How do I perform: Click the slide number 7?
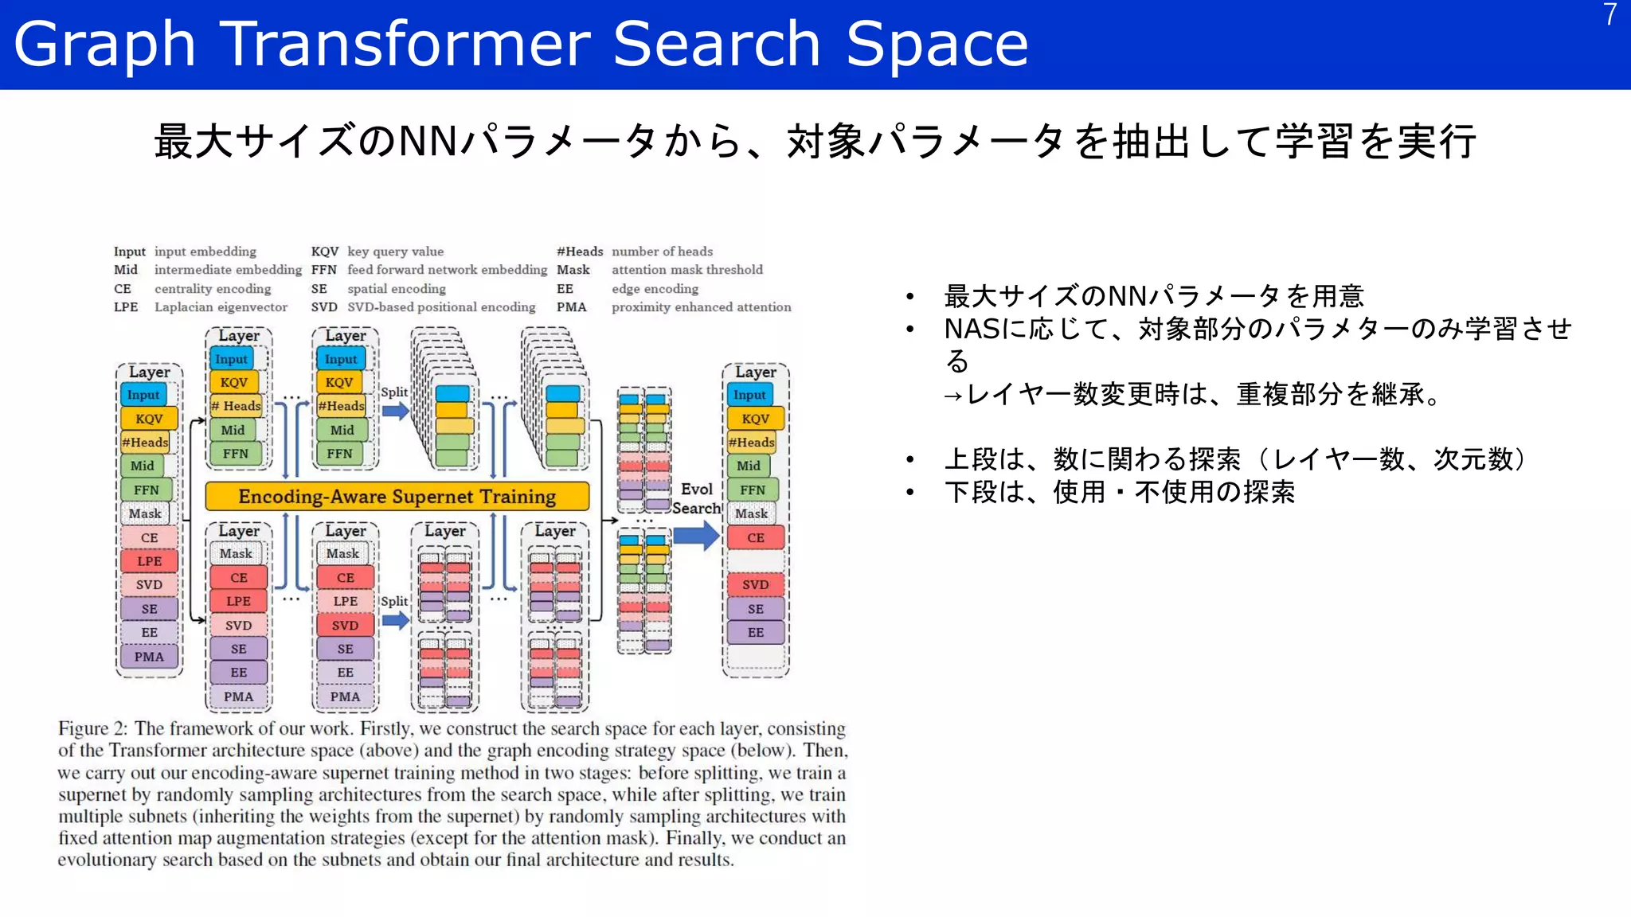point(1609,15)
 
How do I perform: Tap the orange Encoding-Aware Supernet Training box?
point(397,496)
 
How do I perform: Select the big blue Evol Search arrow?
point(695,536)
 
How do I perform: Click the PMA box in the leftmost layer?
point(149,657)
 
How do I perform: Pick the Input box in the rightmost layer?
point(749,395)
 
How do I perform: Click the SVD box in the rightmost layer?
point(755,585)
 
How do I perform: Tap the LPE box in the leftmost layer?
point(149,561)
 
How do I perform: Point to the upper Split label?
point(393,392)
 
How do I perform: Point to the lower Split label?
point(393,602)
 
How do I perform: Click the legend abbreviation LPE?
point(126,307)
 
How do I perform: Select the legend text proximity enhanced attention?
point(701,307)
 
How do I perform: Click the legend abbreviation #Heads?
point(579,252)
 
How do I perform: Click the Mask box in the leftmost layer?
point(145,513)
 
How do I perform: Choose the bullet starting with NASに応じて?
point(1257,329)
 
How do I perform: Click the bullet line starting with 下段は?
point(1119,492)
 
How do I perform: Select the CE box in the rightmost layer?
point(755,538)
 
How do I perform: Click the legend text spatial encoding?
point(396,289)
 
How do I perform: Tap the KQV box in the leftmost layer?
point(149,419)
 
